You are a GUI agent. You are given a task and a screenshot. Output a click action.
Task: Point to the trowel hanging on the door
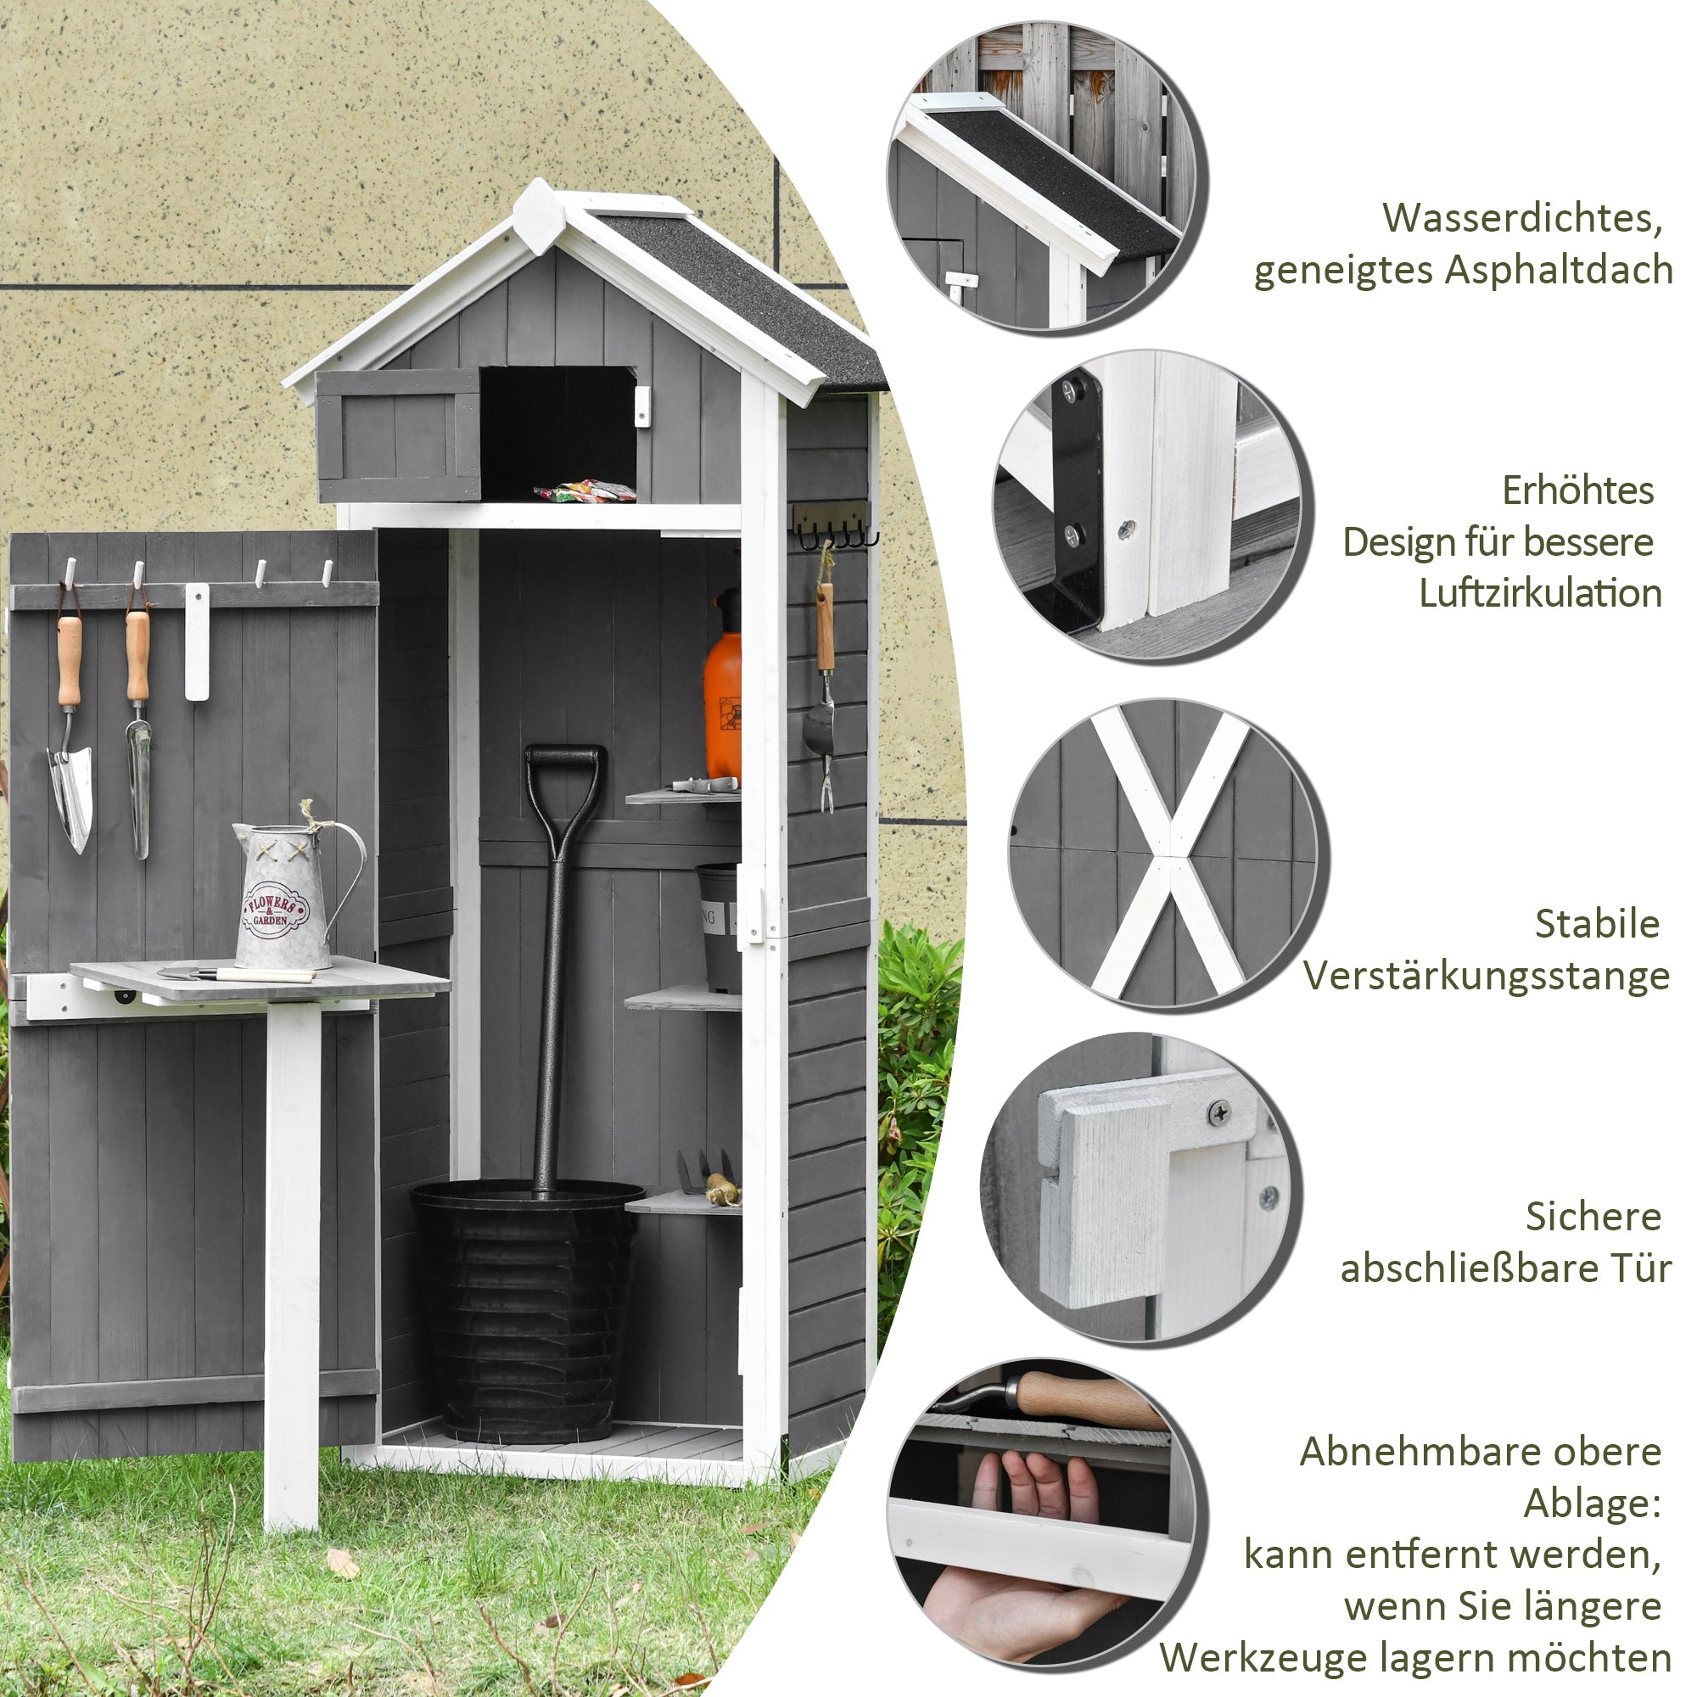click(x=70, y=791)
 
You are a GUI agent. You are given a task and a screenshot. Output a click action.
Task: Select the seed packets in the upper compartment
click(x=584, y=491)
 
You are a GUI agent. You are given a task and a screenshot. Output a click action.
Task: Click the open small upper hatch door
click(x=399, y=434)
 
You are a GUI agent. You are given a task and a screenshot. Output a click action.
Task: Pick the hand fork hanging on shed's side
click(x=824, y=703)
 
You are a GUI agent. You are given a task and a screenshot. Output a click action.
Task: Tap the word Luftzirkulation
click(x=1540, y=593)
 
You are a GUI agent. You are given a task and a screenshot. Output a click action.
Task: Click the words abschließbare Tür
click(x=1504, y=1269)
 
